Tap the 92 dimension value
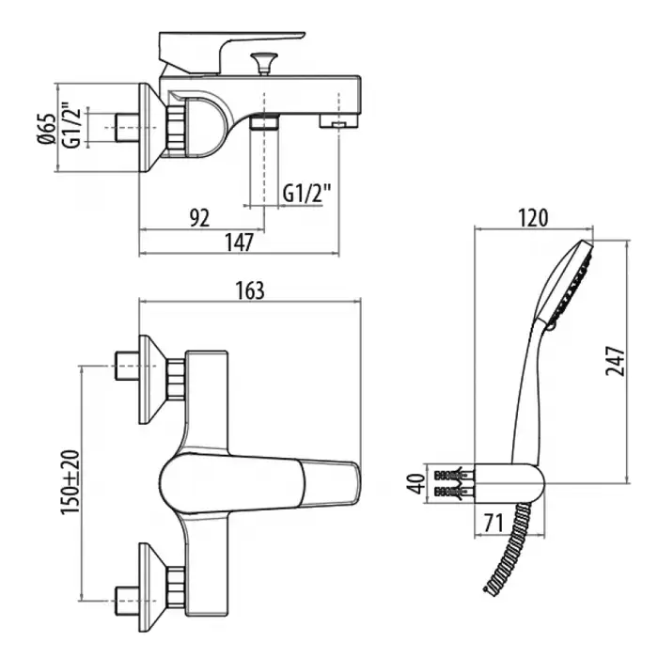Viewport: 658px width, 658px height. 199,218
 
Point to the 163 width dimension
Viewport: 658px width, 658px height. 249,290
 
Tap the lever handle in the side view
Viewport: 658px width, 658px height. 230,45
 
